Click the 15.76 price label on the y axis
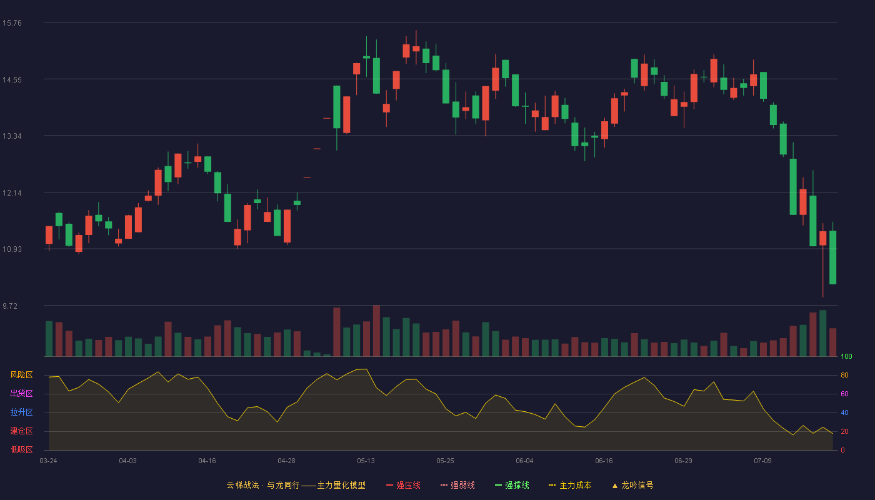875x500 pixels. tap(12, 23)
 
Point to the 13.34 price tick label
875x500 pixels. tap(12, 136)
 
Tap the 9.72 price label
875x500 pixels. tap(10, 306)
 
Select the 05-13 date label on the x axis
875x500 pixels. tap(366, 461)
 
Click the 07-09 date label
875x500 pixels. tap(762, 461)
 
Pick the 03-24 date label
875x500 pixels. tap(49, 461)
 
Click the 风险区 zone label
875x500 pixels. tap(21, 375)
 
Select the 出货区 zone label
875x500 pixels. tap(21, 394)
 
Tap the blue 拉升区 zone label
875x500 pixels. tap(21, 412)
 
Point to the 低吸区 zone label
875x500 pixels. tap(21, 450)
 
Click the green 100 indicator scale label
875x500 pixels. tap(846, 357)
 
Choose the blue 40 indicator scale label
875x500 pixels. tap(844, 413)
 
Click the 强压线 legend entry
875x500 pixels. tap(403, 486)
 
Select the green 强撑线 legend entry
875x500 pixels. tap(512, 486)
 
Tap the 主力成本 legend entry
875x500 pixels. tap(570, 486)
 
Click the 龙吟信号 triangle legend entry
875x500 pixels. tap(632, 486)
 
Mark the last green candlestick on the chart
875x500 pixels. tap(832, 257)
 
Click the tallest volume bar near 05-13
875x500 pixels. tap(376, 331)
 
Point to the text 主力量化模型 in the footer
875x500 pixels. tap(341, 486)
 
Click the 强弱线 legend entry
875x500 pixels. tap(457, 486)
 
